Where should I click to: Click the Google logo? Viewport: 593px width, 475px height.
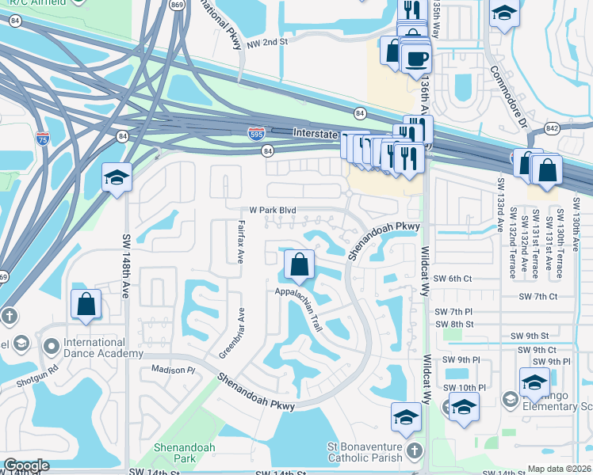[25, 465]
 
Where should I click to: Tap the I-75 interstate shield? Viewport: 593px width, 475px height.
[42, 139]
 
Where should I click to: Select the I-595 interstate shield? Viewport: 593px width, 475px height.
[256, 133]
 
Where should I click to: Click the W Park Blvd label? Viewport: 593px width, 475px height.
[274, 210]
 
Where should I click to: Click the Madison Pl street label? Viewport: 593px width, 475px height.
[167, 370]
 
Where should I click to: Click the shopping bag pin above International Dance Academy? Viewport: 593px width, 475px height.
[86, 303]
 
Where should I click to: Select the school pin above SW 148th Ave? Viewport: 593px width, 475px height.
[117, 177]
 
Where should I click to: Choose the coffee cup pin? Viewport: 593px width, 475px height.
[416, 57]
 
